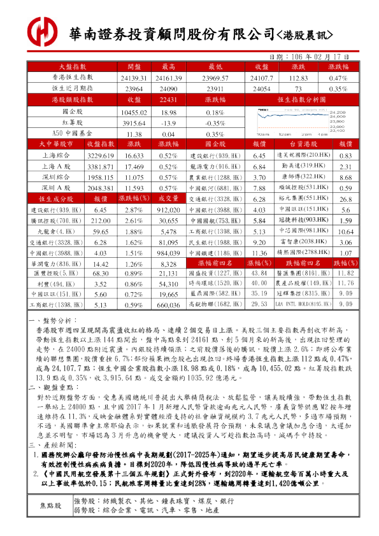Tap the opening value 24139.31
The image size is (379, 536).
pyautogui.click(x=134, y=77)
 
